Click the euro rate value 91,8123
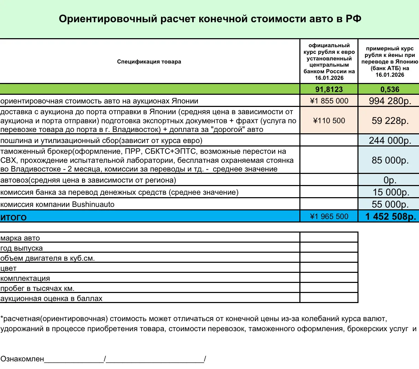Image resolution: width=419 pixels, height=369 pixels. coord(329,89)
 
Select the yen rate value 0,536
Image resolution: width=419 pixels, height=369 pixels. coord(389,89)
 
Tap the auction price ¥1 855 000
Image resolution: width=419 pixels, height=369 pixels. coord(329,101)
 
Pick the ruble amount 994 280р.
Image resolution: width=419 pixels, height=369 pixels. coord(390,101)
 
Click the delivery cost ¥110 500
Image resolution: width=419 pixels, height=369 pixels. coord(329,121)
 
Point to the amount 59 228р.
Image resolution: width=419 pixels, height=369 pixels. coord(390,121)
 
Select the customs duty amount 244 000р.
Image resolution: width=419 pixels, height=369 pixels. coord(390,141)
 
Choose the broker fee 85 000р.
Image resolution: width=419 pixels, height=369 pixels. coord(390,160)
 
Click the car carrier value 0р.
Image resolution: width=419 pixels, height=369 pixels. coord(390,180)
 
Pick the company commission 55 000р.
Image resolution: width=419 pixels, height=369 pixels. coord(390,204)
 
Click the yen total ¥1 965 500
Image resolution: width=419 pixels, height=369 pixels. coord(329,217)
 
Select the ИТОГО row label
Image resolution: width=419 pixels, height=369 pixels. coord(14,217)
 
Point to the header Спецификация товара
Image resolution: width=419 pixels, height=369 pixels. coord(149,62)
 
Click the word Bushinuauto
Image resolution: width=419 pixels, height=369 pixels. coord(93,204)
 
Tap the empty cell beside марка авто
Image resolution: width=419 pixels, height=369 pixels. coord(329,237)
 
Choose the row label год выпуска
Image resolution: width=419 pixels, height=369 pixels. coord(22,249)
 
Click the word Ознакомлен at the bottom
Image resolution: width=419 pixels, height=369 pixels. coord(22,359)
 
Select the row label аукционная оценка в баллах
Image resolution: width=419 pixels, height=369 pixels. coord(51,299)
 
